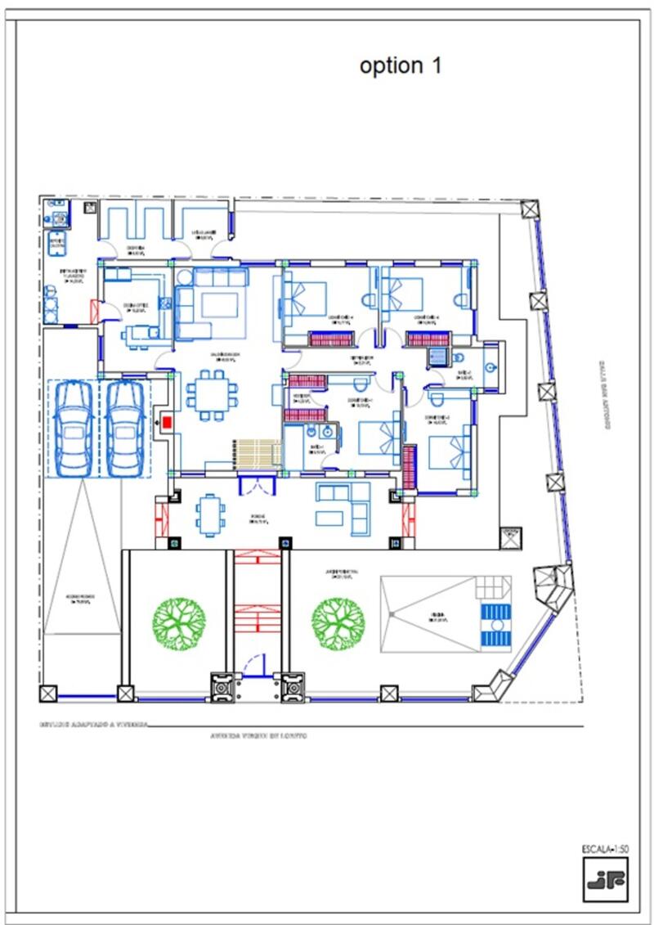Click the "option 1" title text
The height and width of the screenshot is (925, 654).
401,66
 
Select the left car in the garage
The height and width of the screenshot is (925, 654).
73,427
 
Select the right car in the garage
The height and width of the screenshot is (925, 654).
125,427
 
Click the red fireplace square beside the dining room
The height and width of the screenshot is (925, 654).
167,422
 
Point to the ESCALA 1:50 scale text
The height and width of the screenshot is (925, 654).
605,848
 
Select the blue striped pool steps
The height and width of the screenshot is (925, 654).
493,625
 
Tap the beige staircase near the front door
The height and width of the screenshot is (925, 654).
258,453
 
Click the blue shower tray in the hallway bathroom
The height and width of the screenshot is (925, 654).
438,356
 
